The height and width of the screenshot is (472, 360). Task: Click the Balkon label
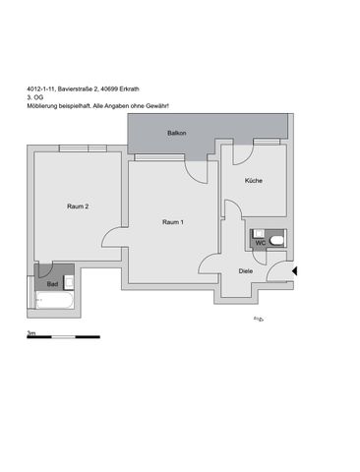177,132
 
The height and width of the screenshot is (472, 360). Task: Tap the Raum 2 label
79,206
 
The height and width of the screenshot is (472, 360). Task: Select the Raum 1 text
173,222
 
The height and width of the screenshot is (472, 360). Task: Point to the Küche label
254,181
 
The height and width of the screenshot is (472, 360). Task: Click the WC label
260,242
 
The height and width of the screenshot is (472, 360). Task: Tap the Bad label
52,284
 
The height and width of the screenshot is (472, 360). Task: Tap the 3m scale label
30,333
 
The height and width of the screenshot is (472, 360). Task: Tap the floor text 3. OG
36,99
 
